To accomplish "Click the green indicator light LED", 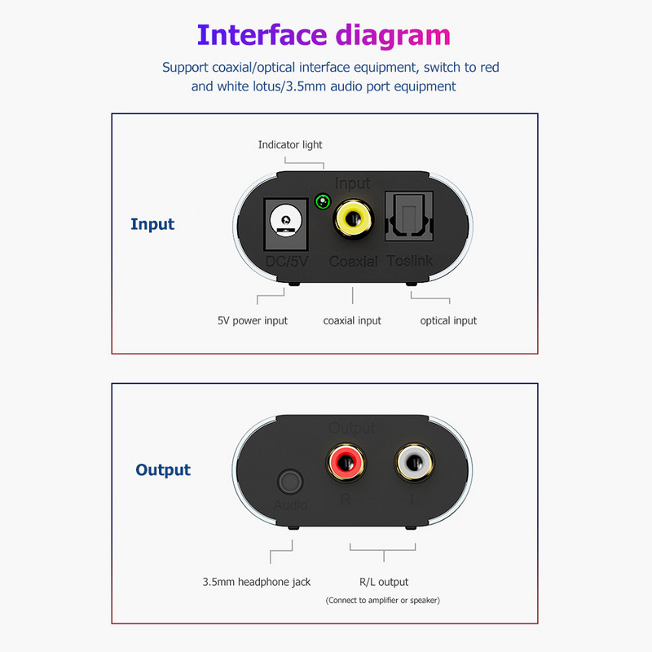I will pyautogui.click(x=324, y=200).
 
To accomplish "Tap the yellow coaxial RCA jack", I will pyautogui.click(x=353, y=218).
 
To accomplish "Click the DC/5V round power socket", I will pyautogui.click(x=285, y=221).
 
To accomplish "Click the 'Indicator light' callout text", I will pyautogui.click(x=290, y=145).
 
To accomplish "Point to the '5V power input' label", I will pyautogui.click(x=253, y=320).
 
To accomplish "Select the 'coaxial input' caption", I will pyautogui.click(x=352, y=320).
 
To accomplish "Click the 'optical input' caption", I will pyautogui.click(x=448, y=320).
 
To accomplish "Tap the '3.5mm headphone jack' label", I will pyautogui.click(x=257, y=582).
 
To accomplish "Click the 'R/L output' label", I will pyautogui.click(x=383, y=582).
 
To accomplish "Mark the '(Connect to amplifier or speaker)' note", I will pyautogui.click(x=383, y=601).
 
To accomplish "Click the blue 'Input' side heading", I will pyautogui.click(x=152, y=224).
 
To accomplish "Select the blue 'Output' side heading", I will pyautogui.click(x=163, y=469).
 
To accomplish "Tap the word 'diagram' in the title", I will pyautogui.click(x=393, y=35).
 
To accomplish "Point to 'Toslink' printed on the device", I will pyautogui.click(x=410, y=262).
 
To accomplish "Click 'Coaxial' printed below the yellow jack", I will pyautogui.click(x=353, y=262).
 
